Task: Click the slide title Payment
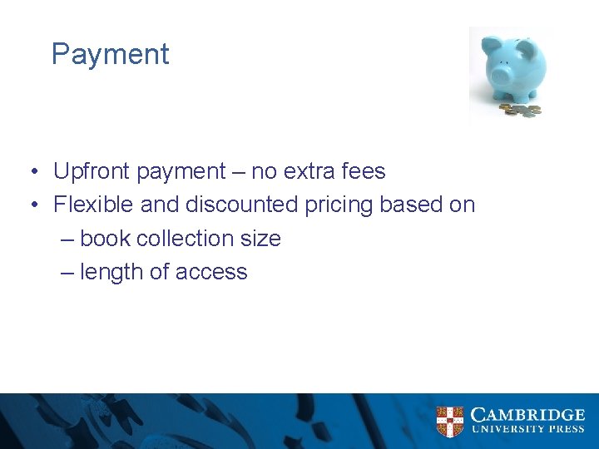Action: coord(110,55)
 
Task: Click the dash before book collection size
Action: coord(68,239)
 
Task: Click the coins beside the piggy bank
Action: coord(521,109)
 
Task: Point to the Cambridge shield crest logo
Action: coord(450,422)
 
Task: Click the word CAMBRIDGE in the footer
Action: coord(527,414)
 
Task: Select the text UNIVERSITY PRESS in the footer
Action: coord(527,430)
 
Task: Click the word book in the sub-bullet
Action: coord(106,239)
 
